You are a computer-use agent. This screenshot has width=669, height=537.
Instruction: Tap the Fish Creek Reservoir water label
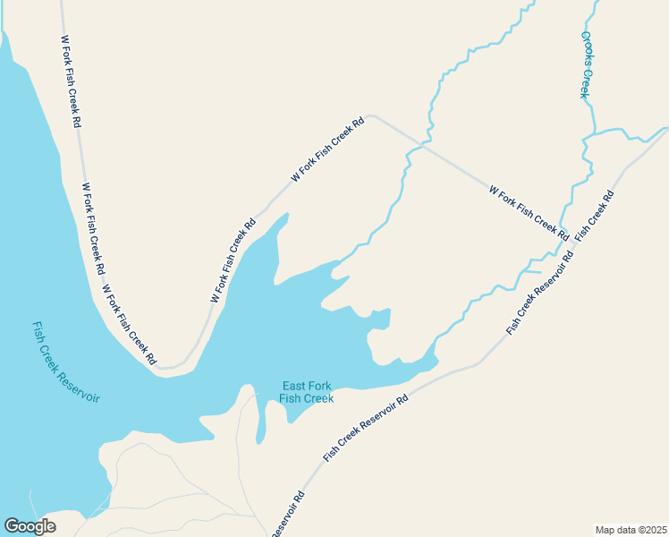[x=66, y=362]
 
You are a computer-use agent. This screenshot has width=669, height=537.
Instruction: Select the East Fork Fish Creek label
[x=306, y=392]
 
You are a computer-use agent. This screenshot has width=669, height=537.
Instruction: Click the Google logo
[x=30, y=526]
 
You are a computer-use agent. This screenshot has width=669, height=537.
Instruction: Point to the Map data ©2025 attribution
[x=631, y=530]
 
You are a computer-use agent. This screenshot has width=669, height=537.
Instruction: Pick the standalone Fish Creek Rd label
[x=595, y=215]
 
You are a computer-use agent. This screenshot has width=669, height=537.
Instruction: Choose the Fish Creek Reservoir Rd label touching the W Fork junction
[x=539, y=296]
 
